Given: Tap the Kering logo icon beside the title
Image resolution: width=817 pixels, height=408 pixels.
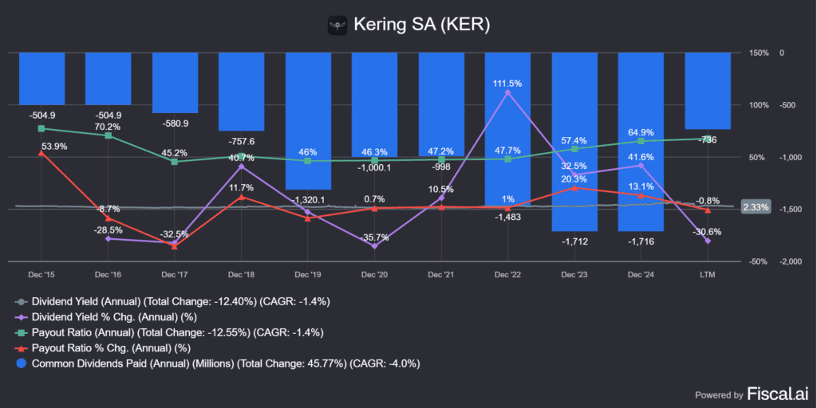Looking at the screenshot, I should tap(338, 25).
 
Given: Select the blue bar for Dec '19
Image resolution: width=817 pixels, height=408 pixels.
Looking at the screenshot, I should tap(308, 120).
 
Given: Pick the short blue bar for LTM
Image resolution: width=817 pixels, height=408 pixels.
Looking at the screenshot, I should tap(707, 90).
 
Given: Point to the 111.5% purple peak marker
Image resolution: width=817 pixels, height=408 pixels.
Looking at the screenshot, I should tap(508, 92).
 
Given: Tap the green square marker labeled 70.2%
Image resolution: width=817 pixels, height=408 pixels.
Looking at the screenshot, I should tap(109, 135).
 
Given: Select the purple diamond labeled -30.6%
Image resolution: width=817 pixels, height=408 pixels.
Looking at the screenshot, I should tap(708, 241).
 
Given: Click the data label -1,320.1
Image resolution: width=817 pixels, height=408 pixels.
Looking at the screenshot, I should tap(308, 199).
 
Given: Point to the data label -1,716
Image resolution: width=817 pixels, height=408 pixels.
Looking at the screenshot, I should tap(641, 241).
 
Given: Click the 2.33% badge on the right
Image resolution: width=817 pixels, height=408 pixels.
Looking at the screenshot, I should tap(755, 207).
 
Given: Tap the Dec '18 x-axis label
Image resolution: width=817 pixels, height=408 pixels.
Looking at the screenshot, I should tap(241, 274).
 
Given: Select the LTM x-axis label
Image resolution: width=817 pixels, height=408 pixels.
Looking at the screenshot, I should tap(708, 274).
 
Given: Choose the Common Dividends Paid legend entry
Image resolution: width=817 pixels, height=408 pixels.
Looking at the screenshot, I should tap(215, 363).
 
